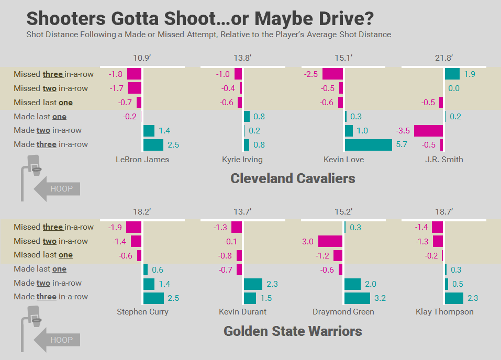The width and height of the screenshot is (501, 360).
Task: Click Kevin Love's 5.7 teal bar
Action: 368,145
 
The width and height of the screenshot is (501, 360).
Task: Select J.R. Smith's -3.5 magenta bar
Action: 428,131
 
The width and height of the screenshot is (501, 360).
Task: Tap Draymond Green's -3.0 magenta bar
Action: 330,241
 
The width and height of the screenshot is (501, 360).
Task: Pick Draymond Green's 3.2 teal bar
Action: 357,298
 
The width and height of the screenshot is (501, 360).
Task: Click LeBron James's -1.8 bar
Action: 134,74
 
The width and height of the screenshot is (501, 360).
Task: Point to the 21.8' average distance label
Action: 443,58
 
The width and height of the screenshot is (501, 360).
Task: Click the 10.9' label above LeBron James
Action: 142,58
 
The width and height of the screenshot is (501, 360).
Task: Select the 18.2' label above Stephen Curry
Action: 142,211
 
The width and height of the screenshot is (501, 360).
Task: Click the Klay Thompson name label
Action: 444,312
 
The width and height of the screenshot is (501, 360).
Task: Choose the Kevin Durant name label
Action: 242,312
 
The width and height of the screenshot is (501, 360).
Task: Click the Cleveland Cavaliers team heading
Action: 293,178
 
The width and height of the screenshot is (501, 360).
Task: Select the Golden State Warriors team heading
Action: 293,331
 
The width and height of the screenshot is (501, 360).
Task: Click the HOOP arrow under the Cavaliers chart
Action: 57,188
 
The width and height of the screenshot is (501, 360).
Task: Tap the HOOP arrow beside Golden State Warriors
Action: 57,340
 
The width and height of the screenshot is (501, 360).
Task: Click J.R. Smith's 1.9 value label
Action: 469,74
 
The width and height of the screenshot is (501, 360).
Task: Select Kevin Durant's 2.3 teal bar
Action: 253,284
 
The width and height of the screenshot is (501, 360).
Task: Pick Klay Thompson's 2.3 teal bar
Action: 454,298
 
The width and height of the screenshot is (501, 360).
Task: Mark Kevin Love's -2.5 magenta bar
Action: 332,74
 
